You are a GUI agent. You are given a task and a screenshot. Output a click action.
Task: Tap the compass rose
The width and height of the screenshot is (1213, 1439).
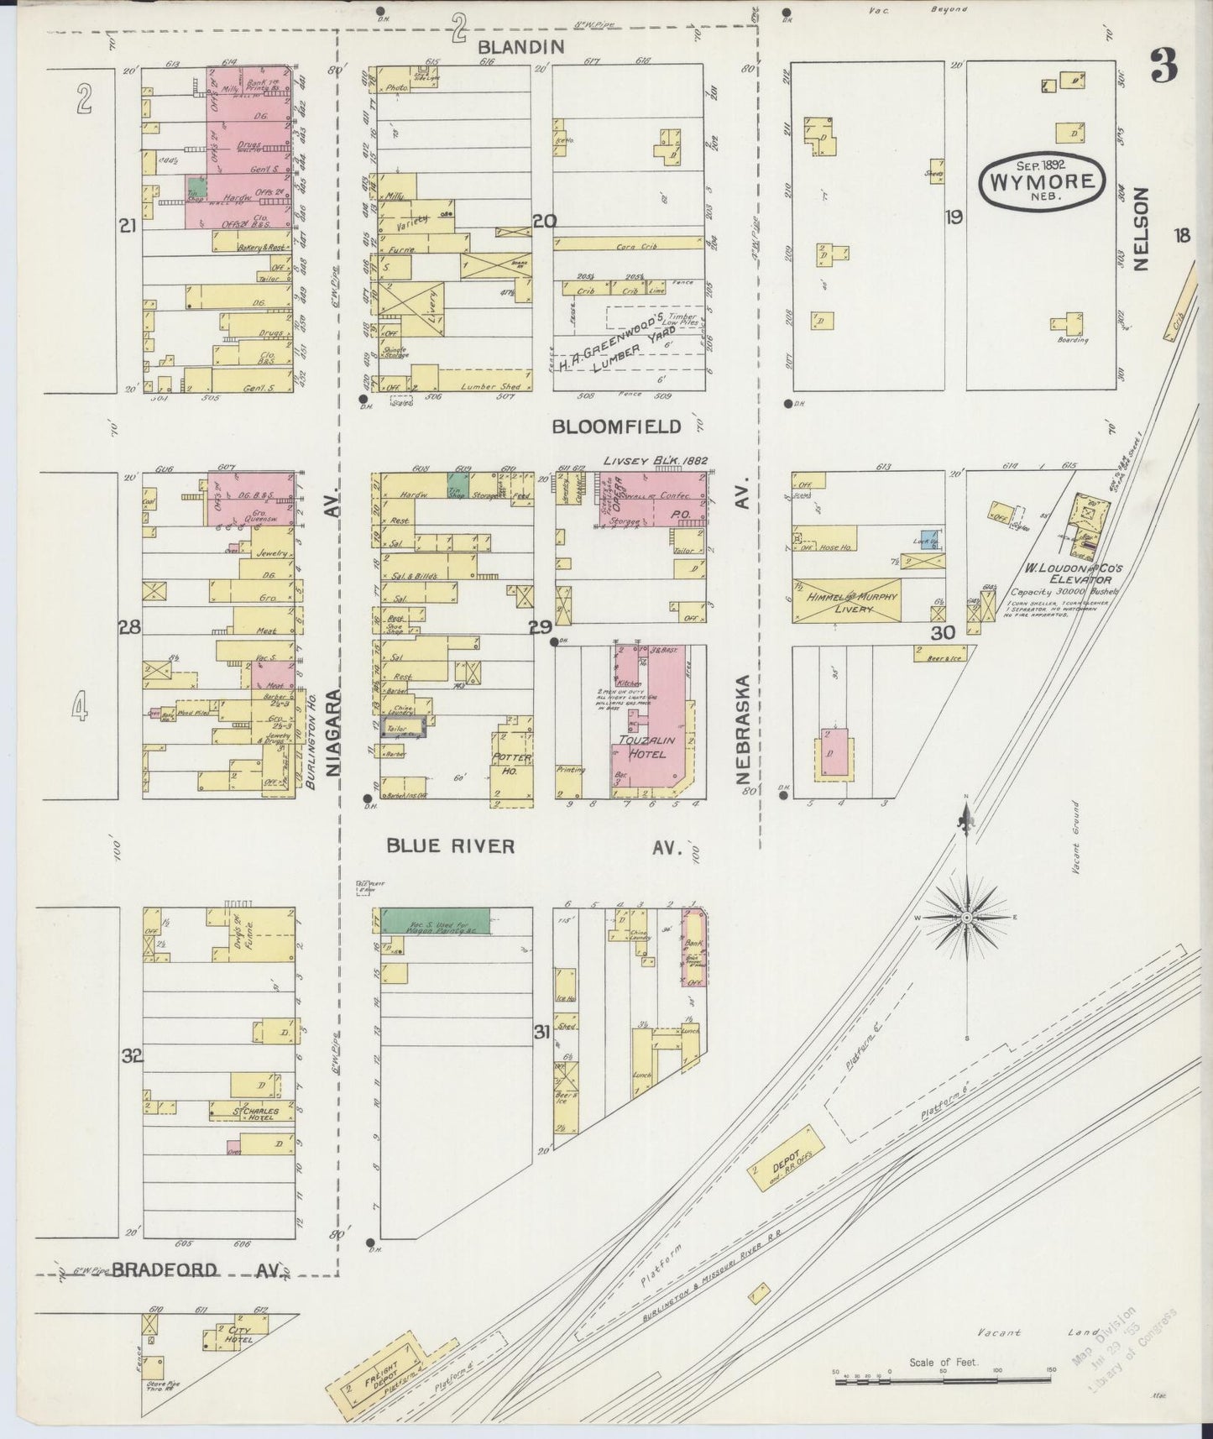tap(966, 918)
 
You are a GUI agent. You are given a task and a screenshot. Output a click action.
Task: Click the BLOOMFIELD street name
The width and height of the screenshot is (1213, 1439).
tap(617, 426)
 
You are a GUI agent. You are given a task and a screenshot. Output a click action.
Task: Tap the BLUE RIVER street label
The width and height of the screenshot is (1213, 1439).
tap(451, 845)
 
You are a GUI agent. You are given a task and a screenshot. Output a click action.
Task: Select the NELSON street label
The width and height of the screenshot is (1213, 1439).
tap(1140, 228)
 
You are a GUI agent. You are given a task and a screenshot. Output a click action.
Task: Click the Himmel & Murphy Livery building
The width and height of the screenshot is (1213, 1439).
tap(847, 601)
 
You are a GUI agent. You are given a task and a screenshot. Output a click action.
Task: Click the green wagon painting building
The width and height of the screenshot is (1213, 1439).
tap(436, 920)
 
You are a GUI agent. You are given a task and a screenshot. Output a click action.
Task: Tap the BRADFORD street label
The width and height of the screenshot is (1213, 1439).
tap(165, 1269)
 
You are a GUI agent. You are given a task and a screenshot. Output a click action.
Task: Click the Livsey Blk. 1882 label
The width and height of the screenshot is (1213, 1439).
tap(656, 460)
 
